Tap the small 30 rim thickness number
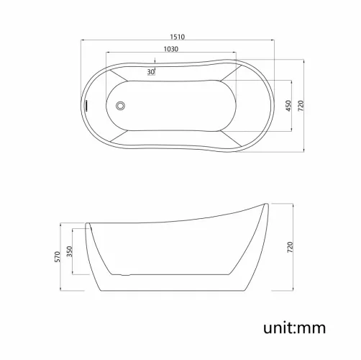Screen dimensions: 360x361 click(151, 72)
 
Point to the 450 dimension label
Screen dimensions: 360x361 click(288, 106)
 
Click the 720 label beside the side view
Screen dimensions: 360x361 click(291, 247)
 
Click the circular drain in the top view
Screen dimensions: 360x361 click(120, 105)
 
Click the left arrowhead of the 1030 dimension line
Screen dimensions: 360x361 click(109, 54)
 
